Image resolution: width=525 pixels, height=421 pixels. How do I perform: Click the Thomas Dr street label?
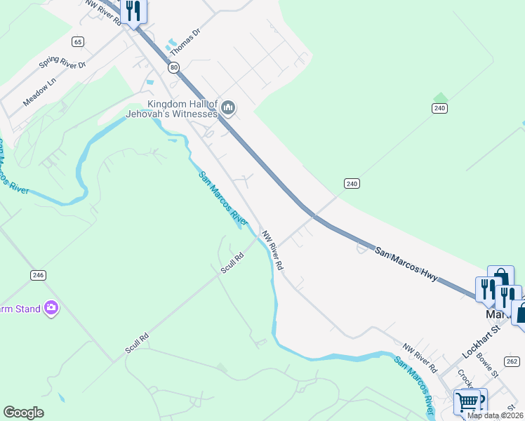[x=181, y=47]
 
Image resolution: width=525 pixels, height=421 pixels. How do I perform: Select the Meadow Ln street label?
[x=38, y=92]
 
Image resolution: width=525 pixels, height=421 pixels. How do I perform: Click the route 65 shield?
[x=77, y=42]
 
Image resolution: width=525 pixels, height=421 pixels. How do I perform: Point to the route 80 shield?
[x=173, y=67]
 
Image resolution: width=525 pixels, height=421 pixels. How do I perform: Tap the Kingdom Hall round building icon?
[x=227, y=107]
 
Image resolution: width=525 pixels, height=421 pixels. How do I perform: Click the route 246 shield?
[x=38, y=275]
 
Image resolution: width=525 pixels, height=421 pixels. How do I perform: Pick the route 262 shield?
[x=512, y=361]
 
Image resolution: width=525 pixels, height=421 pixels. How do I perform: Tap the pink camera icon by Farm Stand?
[x=51, y=308]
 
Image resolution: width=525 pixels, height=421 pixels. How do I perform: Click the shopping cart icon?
[x=467, y=401]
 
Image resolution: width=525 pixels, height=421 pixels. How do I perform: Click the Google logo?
[x=24, y=413]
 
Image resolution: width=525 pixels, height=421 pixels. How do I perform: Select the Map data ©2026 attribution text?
[x=496, y=415]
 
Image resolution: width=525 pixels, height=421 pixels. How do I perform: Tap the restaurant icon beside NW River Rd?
[x=131, y=11]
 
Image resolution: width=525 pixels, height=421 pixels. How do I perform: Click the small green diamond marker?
[x=440, y=97]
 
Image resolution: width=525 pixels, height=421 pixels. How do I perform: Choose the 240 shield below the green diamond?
[x=439, y=108]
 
